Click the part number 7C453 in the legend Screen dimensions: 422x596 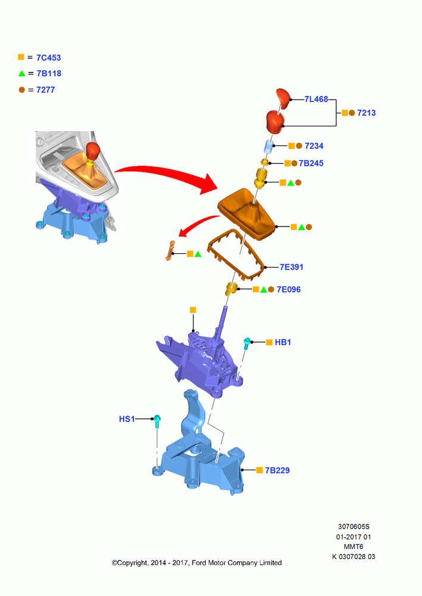click(49, 58)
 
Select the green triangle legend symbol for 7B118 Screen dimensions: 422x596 click(21, 73)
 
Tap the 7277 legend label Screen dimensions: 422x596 click(46, 90)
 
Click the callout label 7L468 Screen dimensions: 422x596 click(316, 99)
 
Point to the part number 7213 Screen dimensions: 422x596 click(367, 113)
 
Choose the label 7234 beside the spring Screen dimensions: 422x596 click(314, 146)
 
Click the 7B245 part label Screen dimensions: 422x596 click(311, 163)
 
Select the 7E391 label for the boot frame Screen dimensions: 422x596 click(291, 267)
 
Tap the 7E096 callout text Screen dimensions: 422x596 click(288, 290)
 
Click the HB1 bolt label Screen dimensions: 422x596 click(283, 343)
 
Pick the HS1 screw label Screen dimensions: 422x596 click(127, 419)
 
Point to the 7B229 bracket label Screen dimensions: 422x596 click(277, 471)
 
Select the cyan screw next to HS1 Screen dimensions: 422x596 click(157, 421)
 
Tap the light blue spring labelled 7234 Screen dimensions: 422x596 click(269, 146)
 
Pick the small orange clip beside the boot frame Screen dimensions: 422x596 click(170, 250)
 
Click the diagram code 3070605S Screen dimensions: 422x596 click(353, 527)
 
